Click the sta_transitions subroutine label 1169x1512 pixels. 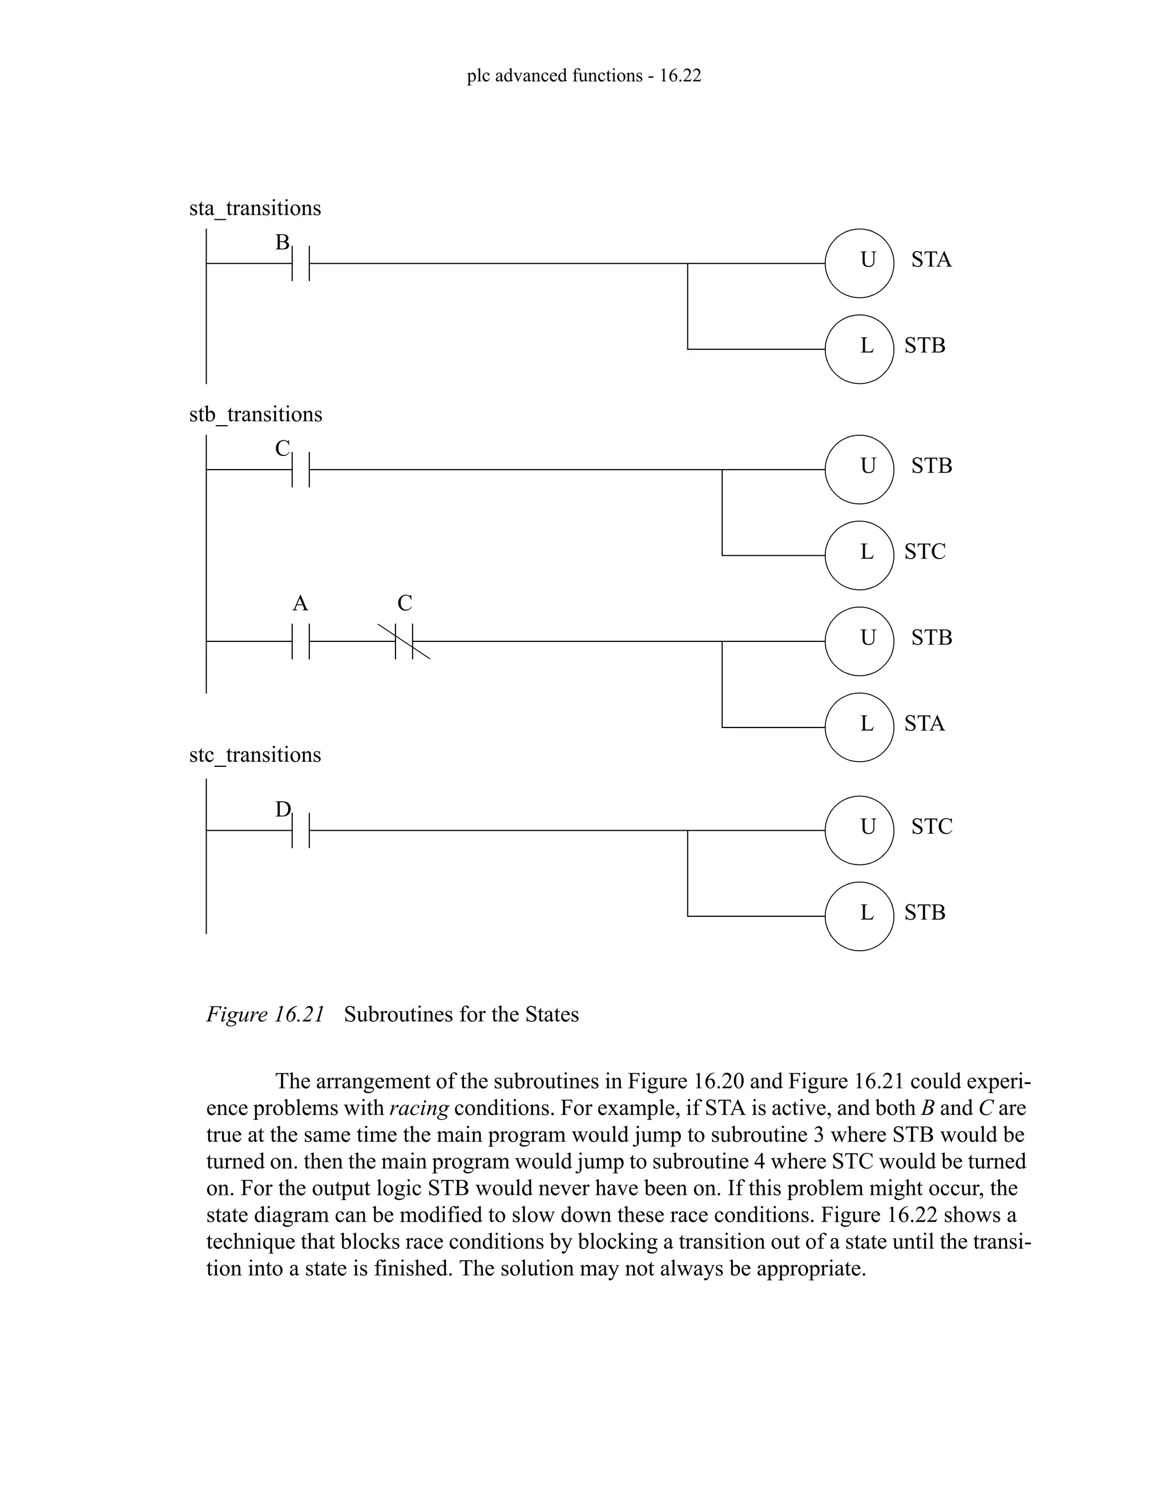(255, 208)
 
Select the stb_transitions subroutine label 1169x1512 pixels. (256, 415)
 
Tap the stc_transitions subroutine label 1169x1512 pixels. (255, 755)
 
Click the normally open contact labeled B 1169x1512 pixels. (300, 263)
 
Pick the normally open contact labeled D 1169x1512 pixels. (300, 830)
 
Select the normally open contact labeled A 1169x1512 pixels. (300, 641)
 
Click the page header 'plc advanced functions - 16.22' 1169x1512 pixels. (584, 75)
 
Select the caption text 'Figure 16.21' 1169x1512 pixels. (265, 1014)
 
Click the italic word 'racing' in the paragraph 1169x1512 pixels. (419, 1109)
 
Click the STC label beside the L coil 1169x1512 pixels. (925, 552)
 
